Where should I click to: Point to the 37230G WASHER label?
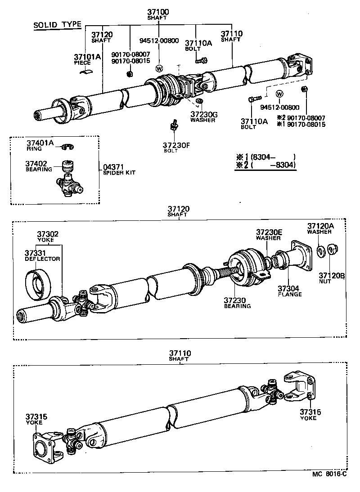pos(203,117)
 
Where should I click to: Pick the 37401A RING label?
pos(40,145)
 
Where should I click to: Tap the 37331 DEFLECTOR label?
pos(42,256)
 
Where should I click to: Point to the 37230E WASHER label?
pos(269,234)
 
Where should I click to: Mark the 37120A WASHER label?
pos(320,228)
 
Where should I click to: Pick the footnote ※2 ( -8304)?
pos(265,165)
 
